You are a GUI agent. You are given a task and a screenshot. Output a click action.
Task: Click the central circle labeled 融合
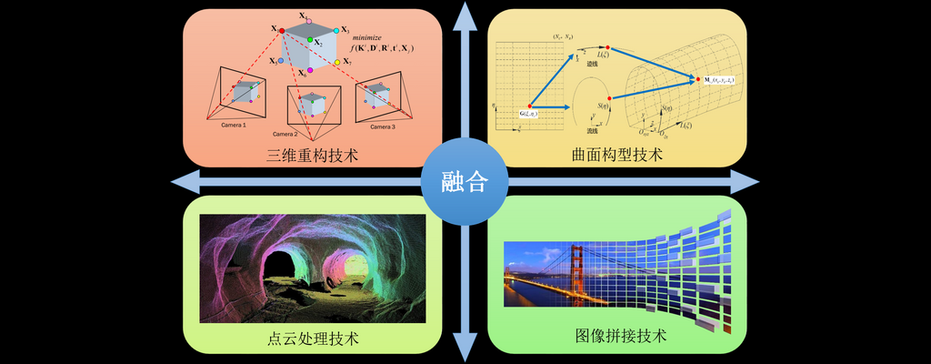point(465,182)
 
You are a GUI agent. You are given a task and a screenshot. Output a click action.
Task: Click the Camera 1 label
point(234,125)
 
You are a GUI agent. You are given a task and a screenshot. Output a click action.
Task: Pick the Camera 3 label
point(381,126)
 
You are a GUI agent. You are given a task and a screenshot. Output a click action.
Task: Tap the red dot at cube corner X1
point(282,30)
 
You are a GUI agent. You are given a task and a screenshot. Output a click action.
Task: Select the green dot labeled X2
point(310,41)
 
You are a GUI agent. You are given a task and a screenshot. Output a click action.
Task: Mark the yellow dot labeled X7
point(336,61)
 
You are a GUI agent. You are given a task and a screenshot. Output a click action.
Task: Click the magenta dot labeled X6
point(308,68)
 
